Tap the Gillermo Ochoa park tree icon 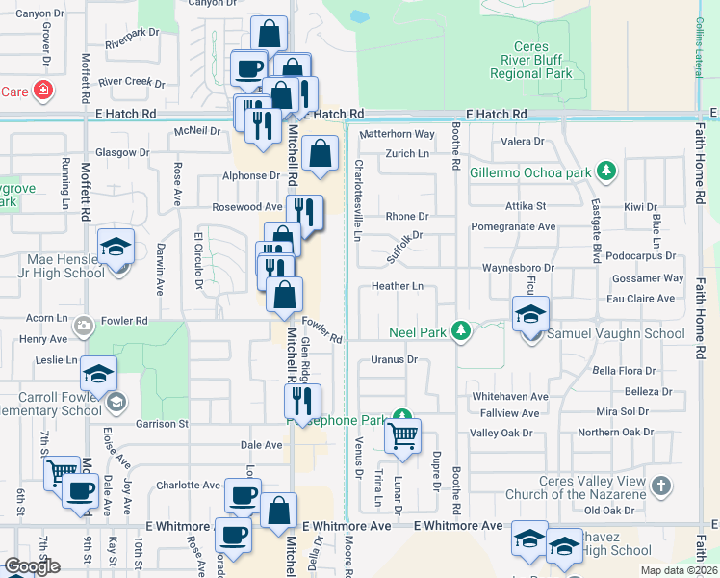pyautogui.click(x=605, y=172)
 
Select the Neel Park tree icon pyautogui.click(x=461, y=331)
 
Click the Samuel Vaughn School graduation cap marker pyautogui.click(x=530, y=314)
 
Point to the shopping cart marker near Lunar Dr pyautogui.click(x=403, y=435)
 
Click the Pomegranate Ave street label pyautogui.click(x=513, y=227)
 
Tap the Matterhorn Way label pyautogui.click(x=399, y=134)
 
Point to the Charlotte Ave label pyautogui.click(x=189, y=486)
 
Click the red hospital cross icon pyautogui.click(x=42, y=92)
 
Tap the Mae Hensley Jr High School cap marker pyautogui.click(x=116, y=248)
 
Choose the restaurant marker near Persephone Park pyautogui.click(x=302, y=400)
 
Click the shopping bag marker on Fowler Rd pyautogui.click(x=285, y=294)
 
